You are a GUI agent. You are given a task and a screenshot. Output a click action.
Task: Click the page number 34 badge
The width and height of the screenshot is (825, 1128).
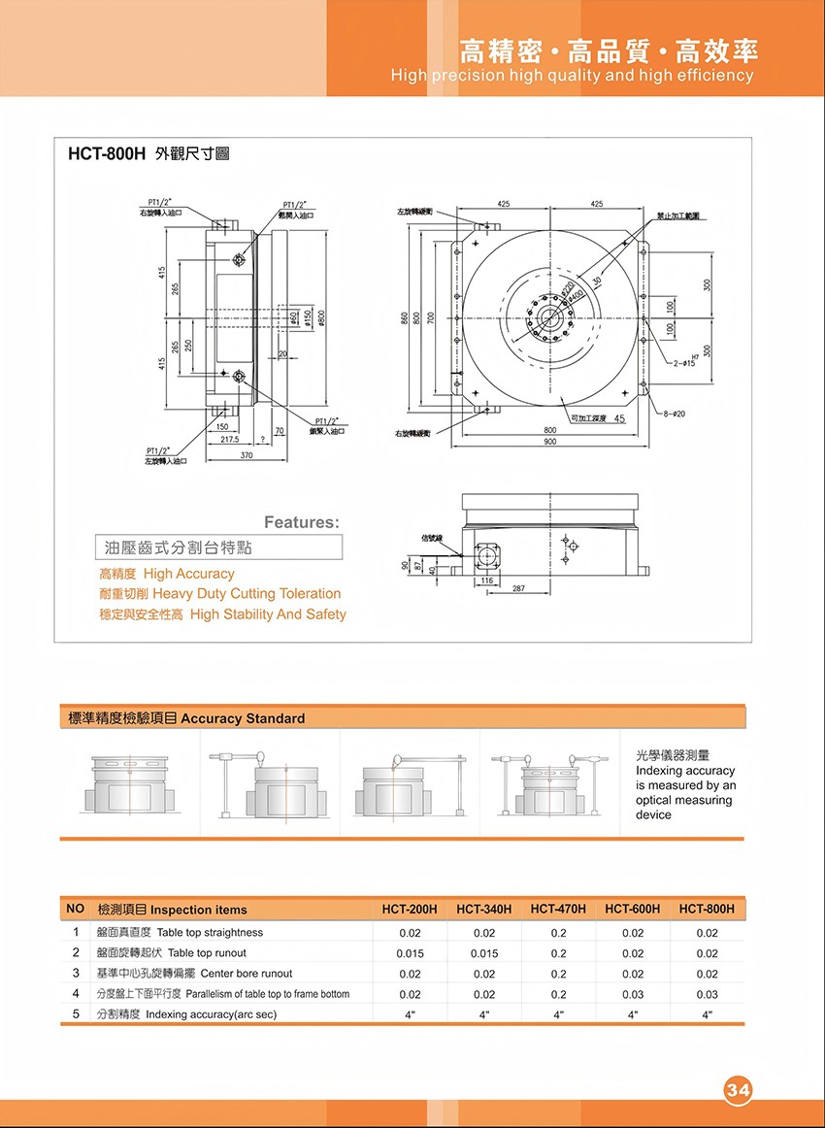pyautogui.click(x=738, y=1090)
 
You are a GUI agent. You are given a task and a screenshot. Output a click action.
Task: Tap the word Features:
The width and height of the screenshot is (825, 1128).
pyautogui.click(x=302, y=522)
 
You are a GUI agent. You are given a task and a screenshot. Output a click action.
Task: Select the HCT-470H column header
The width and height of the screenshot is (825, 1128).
pyautogui.click(x=558, y=910)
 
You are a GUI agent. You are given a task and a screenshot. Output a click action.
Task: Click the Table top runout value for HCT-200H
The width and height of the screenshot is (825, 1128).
pyautogui.click(x=410, y=953)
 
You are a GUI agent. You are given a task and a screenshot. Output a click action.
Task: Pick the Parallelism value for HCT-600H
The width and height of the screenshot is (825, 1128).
pyautogui.click(x=633, y=994)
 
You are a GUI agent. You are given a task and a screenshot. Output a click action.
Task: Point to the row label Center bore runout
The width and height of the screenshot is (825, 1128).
pyautogui.click(x=246, y=974)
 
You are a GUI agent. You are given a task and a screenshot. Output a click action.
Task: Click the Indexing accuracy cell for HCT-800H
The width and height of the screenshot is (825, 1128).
pyautogui.click(x=707, y=1014)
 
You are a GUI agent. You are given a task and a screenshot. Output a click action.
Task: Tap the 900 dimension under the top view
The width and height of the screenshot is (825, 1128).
pyautogui.click(x=549, y=442)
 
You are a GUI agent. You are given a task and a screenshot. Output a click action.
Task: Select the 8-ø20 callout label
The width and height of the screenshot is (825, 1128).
pyautogui.click(x=673, y=415)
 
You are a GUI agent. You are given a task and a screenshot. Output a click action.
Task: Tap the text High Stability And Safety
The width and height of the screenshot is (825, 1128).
pyautogui.click(x=268, y=614)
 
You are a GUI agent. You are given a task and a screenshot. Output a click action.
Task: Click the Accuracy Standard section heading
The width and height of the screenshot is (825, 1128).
pyautogui.click(x=243, y=718)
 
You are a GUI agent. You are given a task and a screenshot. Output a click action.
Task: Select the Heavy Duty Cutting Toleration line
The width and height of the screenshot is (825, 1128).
pyautogui.click(x=247, y=594)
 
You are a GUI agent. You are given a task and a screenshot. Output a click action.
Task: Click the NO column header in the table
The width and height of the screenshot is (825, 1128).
pyautogui.click(x=75, y=910)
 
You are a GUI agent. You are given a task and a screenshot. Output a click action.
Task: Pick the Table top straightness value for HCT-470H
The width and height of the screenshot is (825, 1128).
pyautogui.click(x=558, y=933)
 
